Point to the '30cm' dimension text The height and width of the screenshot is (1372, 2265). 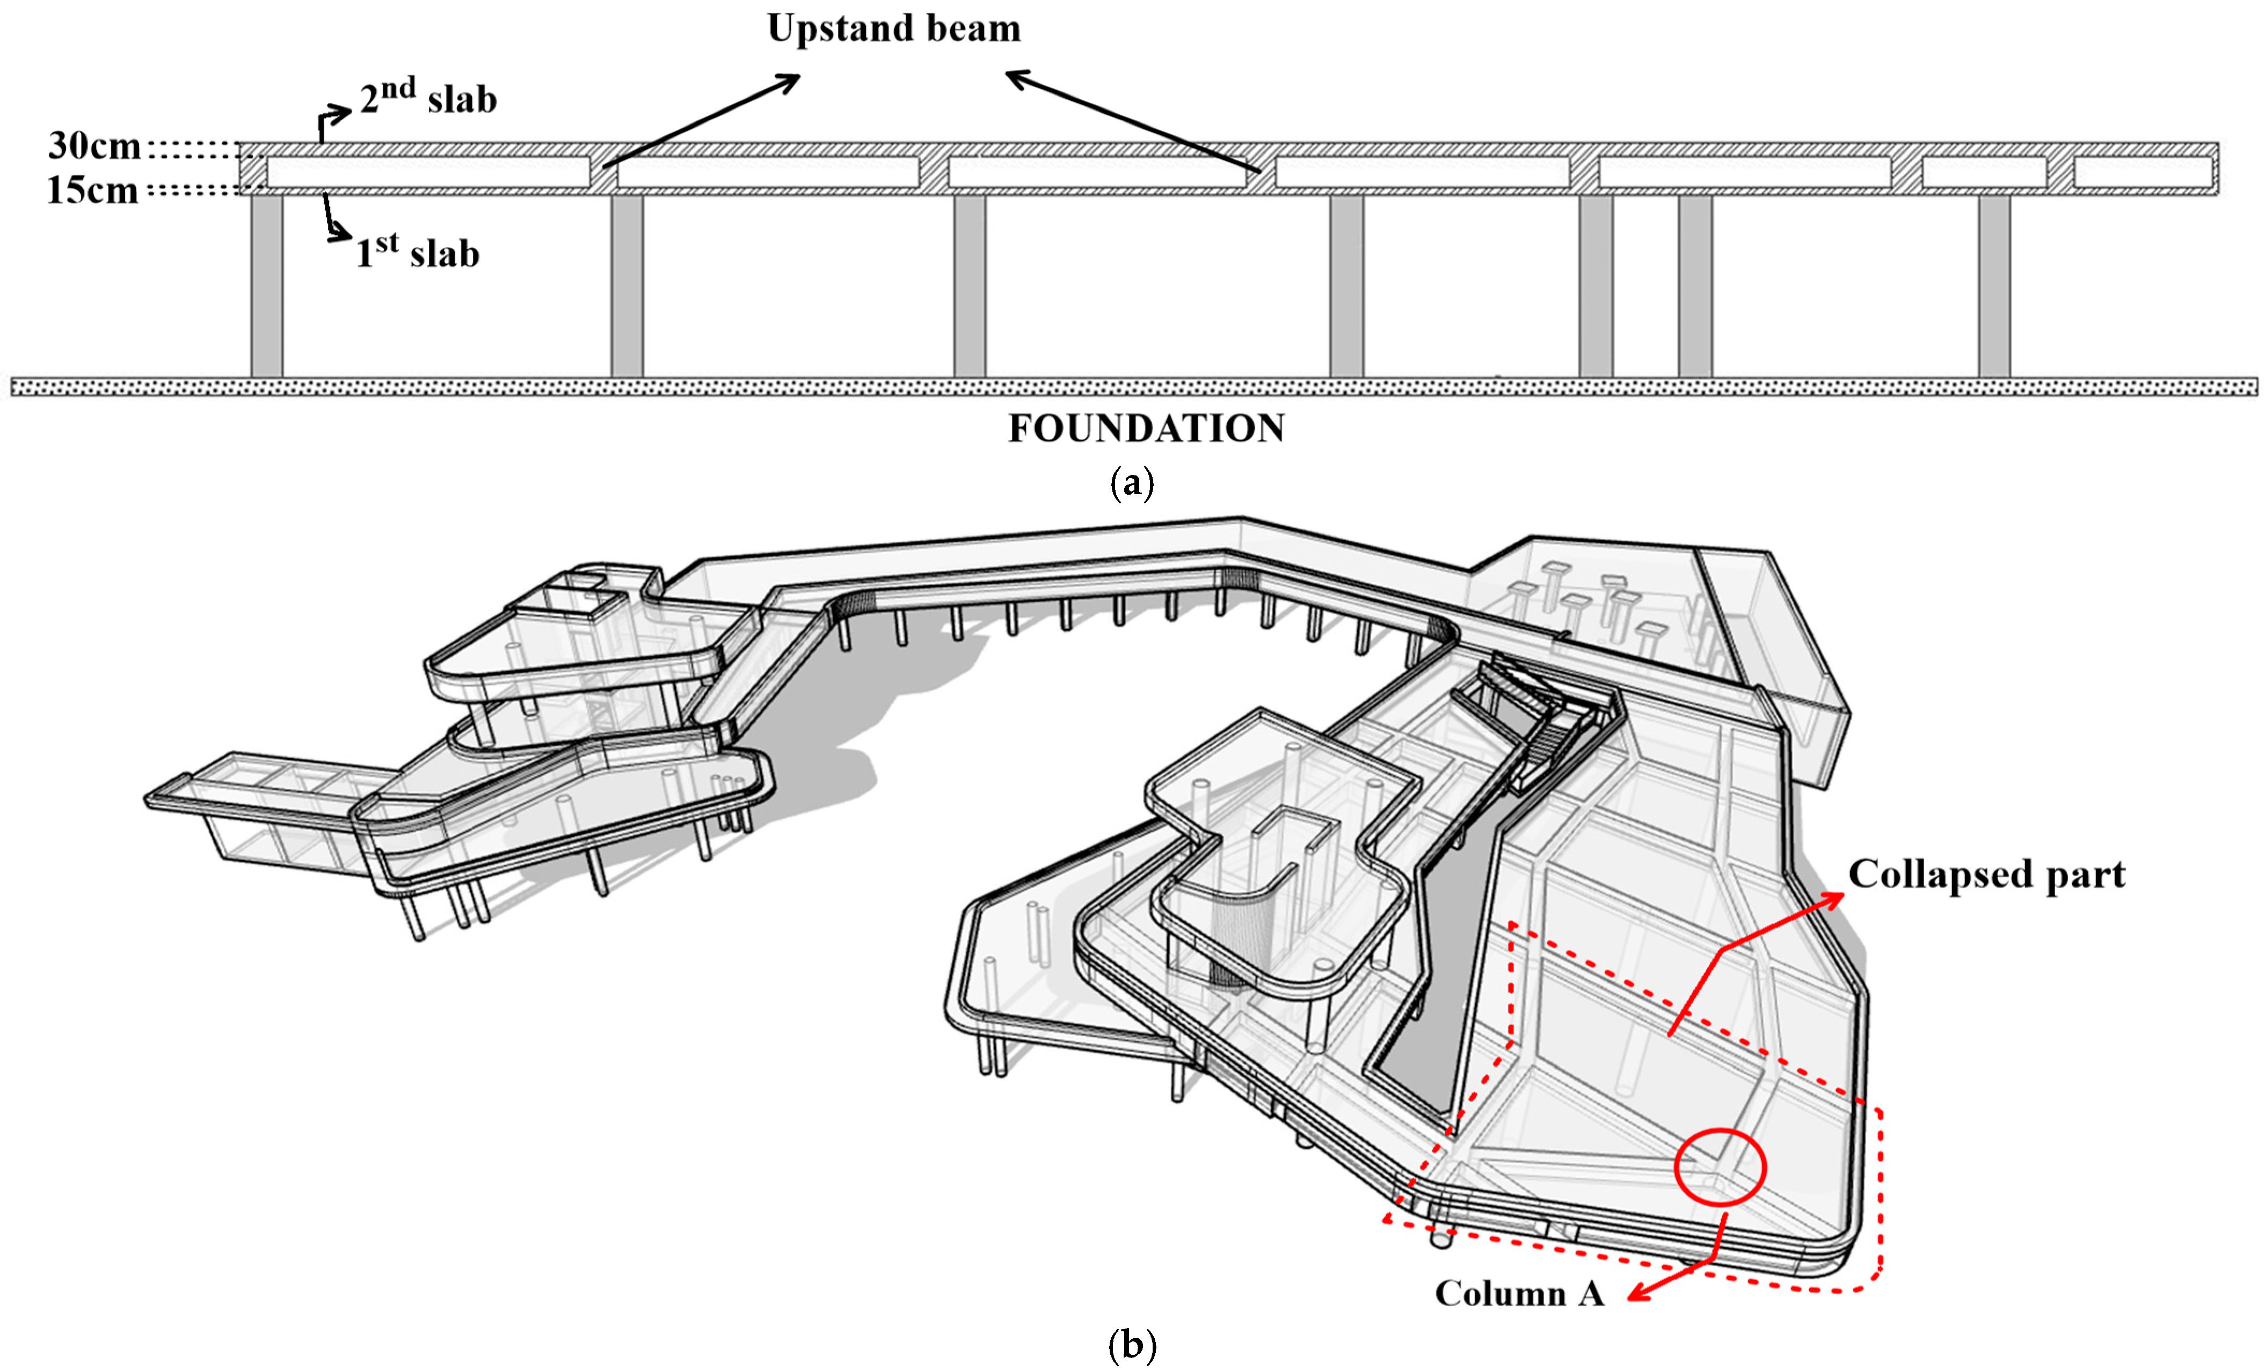(x=94, y=145)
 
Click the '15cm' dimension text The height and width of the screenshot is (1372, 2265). (x=92, y=190)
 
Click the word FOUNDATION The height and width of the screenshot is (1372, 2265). (x=1146, y=428)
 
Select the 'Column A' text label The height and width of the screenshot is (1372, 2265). (x=1519, y=1293)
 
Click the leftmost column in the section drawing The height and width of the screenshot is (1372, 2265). (x=267, y=285)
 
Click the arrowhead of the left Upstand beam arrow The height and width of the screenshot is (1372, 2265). (x=791, y=81)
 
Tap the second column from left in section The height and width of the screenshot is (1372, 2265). (x=627, y=285)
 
